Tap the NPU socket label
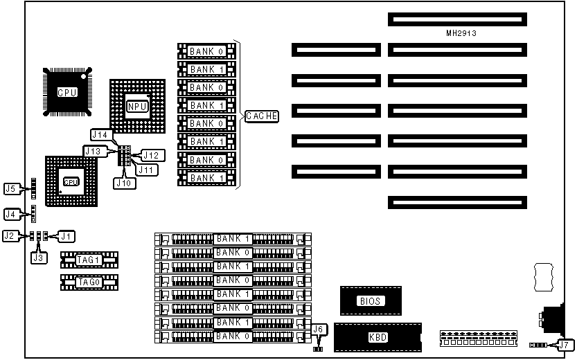tap(136, 106)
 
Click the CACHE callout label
tap(261, 116)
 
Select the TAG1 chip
tap(89, 260)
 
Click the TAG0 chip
tap(89, 282)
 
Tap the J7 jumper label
tap(565, 345)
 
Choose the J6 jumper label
tap(319, 330)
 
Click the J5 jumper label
tap(11, 188)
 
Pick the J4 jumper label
tap(11, 214)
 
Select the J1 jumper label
tap(66, 236)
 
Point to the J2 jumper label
tap(10, 236)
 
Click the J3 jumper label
tap(39, 258)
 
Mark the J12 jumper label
tap(151, 154)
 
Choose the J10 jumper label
tap(123, 183)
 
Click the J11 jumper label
tap(145, 168)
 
